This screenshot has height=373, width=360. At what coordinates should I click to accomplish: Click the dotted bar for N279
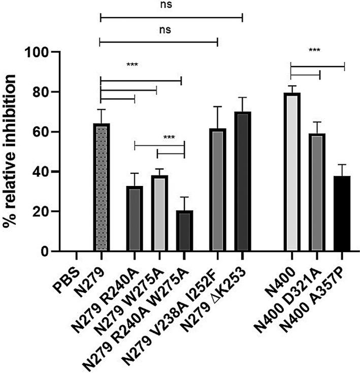click(x=102, y=188)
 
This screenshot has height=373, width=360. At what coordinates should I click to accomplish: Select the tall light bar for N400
click(x=292, y=173)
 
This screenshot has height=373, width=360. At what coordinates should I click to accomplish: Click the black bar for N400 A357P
click(x=343, y=214)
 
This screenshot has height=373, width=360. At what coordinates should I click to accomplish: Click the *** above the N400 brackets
click(x=315, y=50)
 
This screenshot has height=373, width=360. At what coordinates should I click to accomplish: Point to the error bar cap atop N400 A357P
click(x=343, y=165)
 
